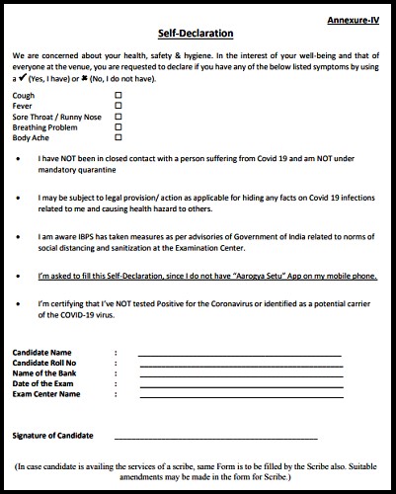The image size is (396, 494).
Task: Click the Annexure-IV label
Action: pos(355,20)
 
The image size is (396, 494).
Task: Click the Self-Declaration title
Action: pos(197,33)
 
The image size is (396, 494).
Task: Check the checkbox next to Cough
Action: pos(119,95)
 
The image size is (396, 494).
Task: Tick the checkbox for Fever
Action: pos(119,105)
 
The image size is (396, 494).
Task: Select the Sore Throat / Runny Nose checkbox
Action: pos(119,116)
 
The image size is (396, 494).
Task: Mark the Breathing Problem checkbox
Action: pos(119,126)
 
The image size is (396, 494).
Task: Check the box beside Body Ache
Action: pos(119,137)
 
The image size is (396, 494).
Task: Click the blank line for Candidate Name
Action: pos(239,354)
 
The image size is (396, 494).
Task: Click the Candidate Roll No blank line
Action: pos(239,365)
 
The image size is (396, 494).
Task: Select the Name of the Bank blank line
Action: pos(239,375)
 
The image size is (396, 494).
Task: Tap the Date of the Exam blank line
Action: pos(239,386)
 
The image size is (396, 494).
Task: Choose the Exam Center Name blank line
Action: pos(239,397)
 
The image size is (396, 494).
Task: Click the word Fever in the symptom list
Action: pos(22,105)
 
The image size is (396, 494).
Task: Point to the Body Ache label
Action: pos(30,137)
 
